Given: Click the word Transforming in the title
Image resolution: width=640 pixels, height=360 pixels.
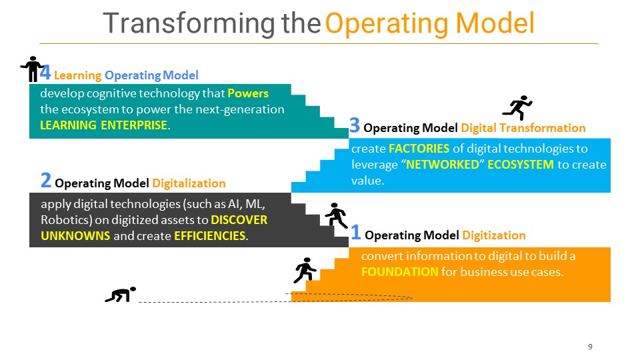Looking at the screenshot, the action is pyautogui.click(x=189, y=24).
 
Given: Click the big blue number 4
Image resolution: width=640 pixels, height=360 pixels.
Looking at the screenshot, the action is pyautogui.click(x=45, y=73).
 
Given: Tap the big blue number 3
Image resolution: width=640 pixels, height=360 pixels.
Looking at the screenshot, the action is pyautogui.click(x=354, y=125).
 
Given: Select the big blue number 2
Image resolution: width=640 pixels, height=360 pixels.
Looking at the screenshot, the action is pyautogui.click(x=46, y=180).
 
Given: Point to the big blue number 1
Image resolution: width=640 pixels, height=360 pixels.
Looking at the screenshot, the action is pyautogui.click(x=355, y=232).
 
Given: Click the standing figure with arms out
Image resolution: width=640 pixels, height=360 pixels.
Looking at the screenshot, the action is pyautogui.click(x=32, y=69).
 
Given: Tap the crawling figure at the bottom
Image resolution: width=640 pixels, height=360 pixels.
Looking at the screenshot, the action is pyautogui.click(x=121, y=294).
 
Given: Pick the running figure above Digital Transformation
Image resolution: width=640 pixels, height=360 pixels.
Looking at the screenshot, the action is pyautogui.click(x=517, y=107).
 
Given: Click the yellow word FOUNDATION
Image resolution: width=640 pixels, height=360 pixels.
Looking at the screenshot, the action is pyautogui.click(x=399, y=272).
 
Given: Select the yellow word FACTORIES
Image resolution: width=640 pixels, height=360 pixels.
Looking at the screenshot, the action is pyautogui.click(x=419, y=149).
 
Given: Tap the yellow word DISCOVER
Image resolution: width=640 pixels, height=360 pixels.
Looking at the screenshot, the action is pyautogui.click(x=239, y=220).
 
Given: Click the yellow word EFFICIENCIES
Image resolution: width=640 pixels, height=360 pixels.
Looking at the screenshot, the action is pyautogui.click(x=210, y=236).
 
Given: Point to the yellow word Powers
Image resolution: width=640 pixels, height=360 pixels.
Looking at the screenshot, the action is pyautogui.click(x=248, y=93).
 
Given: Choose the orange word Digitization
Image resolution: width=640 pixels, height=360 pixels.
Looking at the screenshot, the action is pyautogui.click(x=493, y=235).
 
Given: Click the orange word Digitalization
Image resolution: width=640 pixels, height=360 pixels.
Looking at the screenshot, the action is pyautogui.click(x=189, y=183).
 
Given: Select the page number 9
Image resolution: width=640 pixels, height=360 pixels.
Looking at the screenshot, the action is pyautogui.click(x=590, y=347).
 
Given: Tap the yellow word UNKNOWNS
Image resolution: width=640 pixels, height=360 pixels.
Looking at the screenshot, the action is pyautogui.click(x=75, y=236).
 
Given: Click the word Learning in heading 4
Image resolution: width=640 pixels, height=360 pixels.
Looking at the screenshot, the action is pyautogui.click(x=77, y=75).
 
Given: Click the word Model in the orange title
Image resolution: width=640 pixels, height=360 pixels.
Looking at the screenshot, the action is pyautogui.click(x=495, y=23).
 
